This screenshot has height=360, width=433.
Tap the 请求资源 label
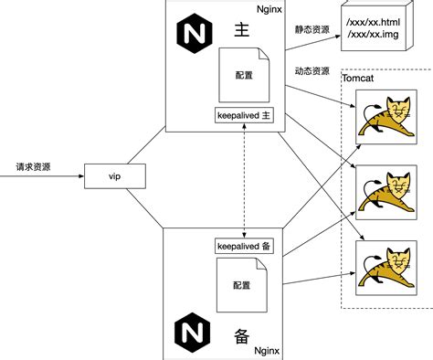tap(34, 167)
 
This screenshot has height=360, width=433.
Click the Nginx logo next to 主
tap(191, 35)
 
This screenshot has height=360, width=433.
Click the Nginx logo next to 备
tap(191, 328)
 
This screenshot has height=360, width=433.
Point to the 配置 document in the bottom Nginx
tap(239, 285)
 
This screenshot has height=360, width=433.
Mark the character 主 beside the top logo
tap(242, 31)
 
